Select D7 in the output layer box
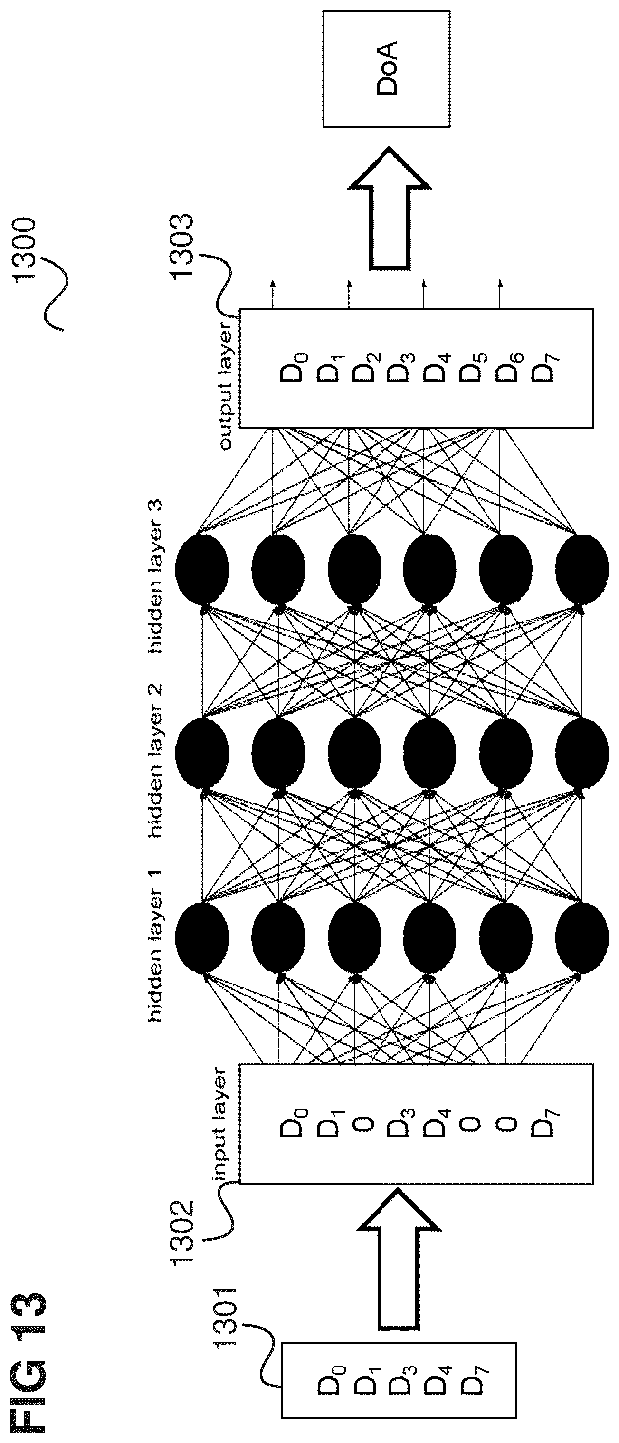(542, 367)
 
